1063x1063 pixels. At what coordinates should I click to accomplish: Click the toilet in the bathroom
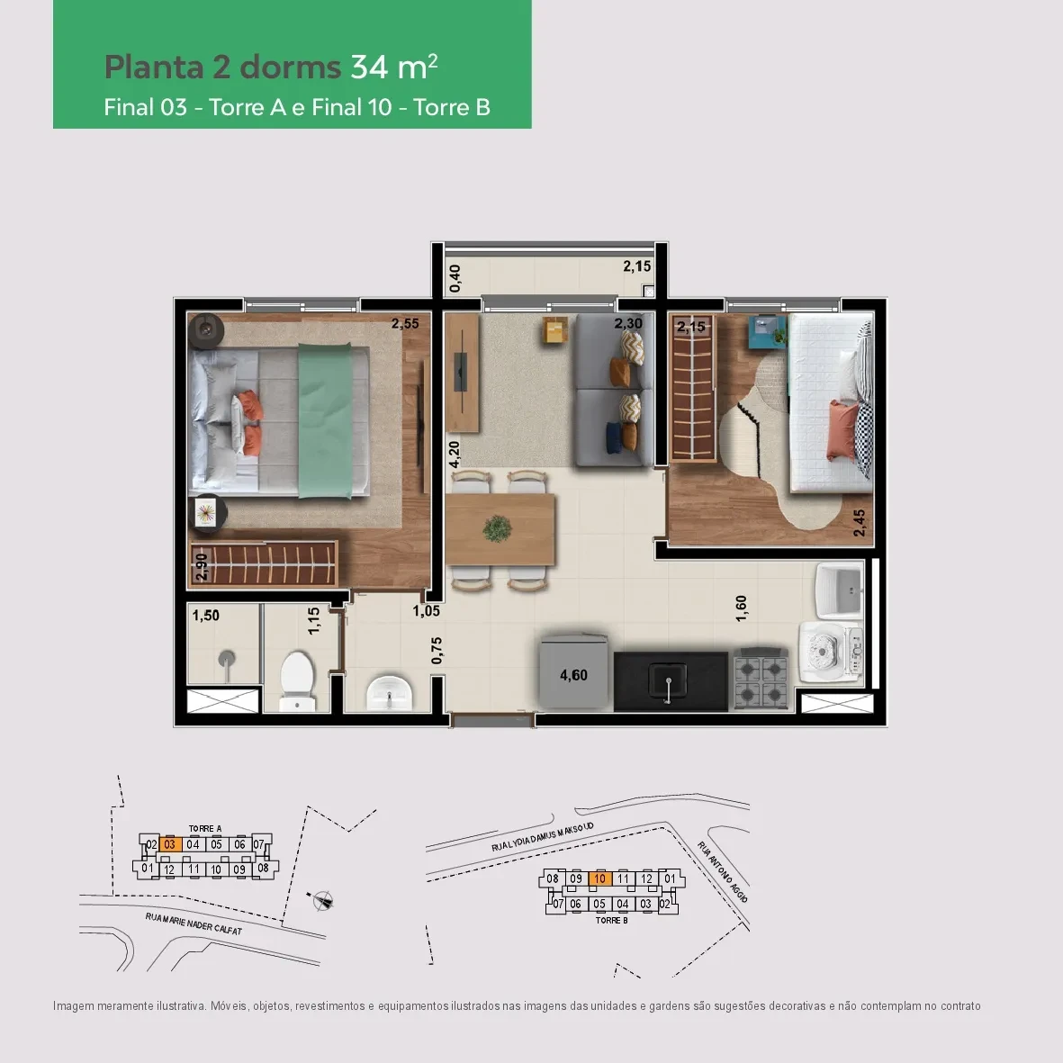[297, 680]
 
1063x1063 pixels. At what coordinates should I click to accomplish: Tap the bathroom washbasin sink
[389, 693]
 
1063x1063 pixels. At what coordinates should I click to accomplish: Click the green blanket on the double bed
[326, 420]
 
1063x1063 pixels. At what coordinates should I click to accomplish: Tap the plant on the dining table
[497, 528]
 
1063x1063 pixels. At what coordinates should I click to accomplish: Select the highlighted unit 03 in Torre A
[170, 844]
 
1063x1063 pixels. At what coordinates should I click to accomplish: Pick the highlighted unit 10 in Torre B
[600, 878]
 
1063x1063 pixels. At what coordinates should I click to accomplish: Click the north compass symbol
[322, 901]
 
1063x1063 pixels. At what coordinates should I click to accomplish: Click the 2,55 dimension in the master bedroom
[405, 323]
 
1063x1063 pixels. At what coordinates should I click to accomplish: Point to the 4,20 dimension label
[455, 455]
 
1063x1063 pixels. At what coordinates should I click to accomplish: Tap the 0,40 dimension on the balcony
[455, 279]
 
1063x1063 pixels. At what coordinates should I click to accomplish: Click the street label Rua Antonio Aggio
[723, 872]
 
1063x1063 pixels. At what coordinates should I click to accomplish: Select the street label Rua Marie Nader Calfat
[194, 923]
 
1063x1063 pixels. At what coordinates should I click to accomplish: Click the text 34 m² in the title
[394, 67]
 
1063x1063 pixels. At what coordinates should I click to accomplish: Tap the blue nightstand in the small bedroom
[768, 333]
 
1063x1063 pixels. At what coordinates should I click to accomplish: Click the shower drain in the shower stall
[227, 658]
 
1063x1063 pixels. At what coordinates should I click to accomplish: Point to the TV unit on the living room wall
[463, 373]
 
